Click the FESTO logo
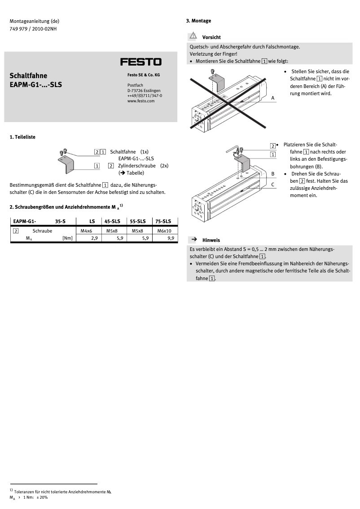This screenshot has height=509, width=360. click(x=140, y=62)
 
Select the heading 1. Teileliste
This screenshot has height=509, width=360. click(x=22, y=137)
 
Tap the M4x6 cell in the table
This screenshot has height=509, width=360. click(x=86, y=231)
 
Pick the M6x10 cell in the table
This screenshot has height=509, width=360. click(x=164, y=231)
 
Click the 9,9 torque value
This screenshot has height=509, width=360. click(x=171, y=238)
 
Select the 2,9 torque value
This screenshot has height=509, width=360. click(x=94, y=238)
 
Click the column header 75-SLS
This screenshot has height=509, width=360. click(x=163, y=221)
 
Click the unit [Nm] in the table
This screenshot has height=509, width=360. click(x=67, y=238)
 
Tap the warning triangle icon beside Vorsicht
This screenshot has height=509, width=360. click(x=193, y=35)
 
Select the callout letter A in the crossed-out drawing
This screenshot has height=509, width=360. click(x=272, y=97)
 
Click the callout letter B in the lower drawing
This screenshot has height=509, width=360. click(x=272, y=173)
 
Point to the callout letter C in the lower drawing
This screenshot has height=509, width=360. click(x=272, y=184)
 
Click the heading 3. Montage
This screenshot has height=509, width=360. click(x=198, y=21)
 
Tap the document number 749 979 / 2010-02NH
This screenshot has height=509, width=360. click(x=33, y=29)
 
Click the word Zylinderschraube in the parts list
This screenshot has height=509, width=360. click(x=137, y=166)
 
